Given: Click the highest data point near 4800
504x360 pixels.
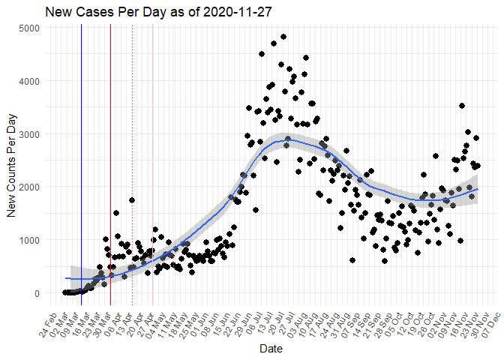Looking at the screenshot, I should [283, 37].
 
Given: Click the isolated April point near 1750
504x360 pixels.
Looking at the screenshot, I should [132, 200].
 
